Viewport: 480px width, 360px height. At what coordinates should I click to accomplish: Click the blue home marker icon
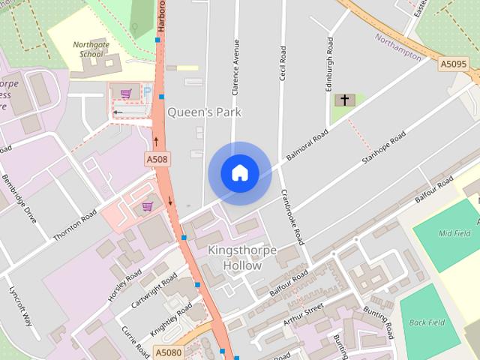pyautogui.click(x=240, y=173)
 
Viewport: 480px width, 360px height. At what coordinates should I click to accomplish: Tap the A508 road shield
pyautogui.click(x=157, y=159)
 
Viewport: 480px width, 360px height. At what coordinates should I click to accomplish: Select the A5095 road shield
pyautogui.click(x=454, y=64)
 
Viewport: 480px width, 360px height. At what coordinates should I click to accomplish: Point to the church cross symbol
pyautogui.click(x=345, y=100)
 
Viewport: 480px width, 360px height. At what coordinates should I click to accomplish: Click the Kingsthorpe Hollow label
pyautogui.click(x=242, y=257)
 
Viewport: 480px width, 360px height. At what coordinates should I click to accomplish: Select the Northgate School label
pyautogui.click(x=91, y=49)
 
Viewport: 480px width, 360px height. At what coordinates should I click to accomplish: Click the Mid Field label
pyautogui.click(x=454, y=233)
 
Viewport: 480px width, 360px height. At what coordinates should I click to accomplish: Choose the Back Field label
pyautogui.click(x=427, y=322)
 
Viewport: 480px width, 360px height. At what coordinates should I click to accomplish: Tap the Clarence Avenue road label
pyautogui.click(x=235, y=67)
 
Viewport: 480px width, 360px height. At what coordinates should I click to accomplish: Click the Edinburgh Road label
pyautogui.click(x=328, y=64)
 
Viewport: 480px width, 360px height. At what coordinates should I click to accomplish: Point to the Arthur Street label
pyautogui.click(x=303, y=314)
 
